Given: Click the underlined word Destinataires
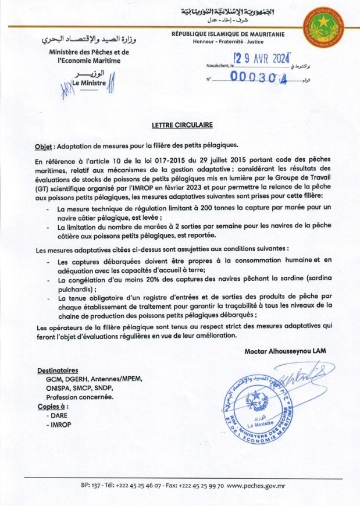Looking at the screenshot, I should click(58, 370).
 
